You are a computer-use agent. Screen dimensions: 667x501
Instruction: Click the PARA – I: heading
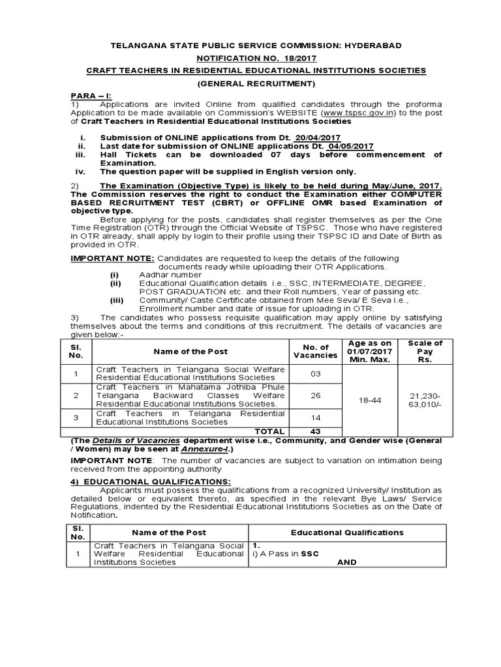(x=91, y=95)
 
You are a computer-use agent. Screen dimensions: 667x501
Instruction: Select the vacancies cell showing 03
(x=316, y=373)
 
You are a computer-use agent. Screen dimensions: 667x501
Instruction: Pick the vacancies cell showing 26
(x=316, y=395)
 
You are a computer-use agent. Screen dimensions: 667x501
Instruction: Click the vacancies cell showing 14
(x=316, y=417)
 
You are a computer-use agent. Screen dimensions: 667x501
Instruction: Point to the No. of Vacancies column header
(x=316, y=351)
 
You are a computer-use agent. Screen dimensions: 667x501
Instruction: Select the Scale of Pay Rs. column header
(x=425, y=351)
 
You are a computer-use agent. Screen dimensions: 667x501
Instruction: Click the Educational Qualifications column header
(x=347, y=532)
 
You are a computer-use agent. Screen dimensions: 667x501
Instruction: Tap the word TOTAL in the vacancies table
(x=269, y=431)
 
